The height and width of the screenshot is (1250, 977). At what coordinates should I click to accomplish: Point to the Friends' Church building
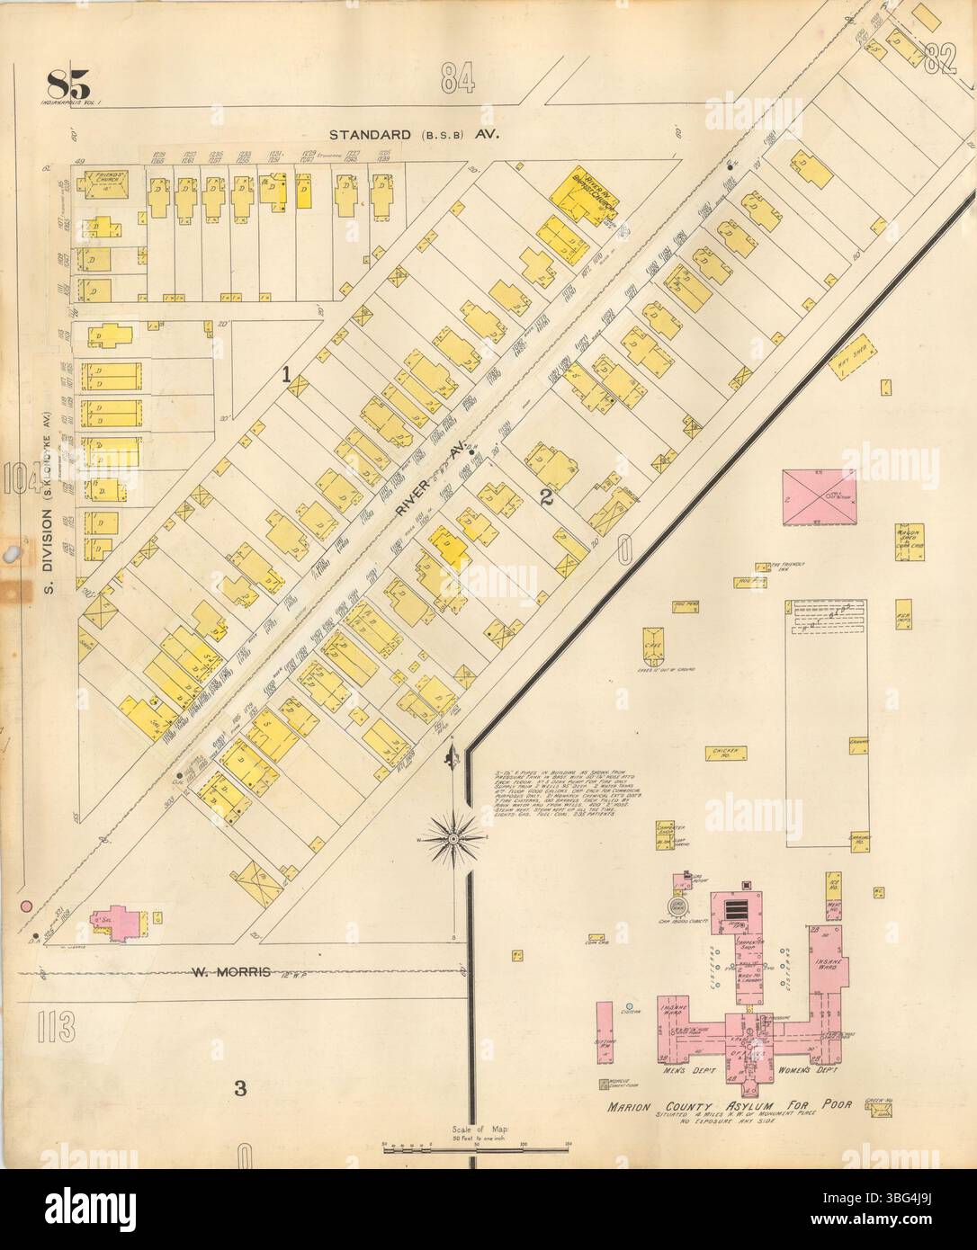(x=102, y=185)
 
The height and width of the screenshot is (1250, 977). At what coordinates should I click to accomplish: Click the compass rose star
(x=454, y=839)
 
